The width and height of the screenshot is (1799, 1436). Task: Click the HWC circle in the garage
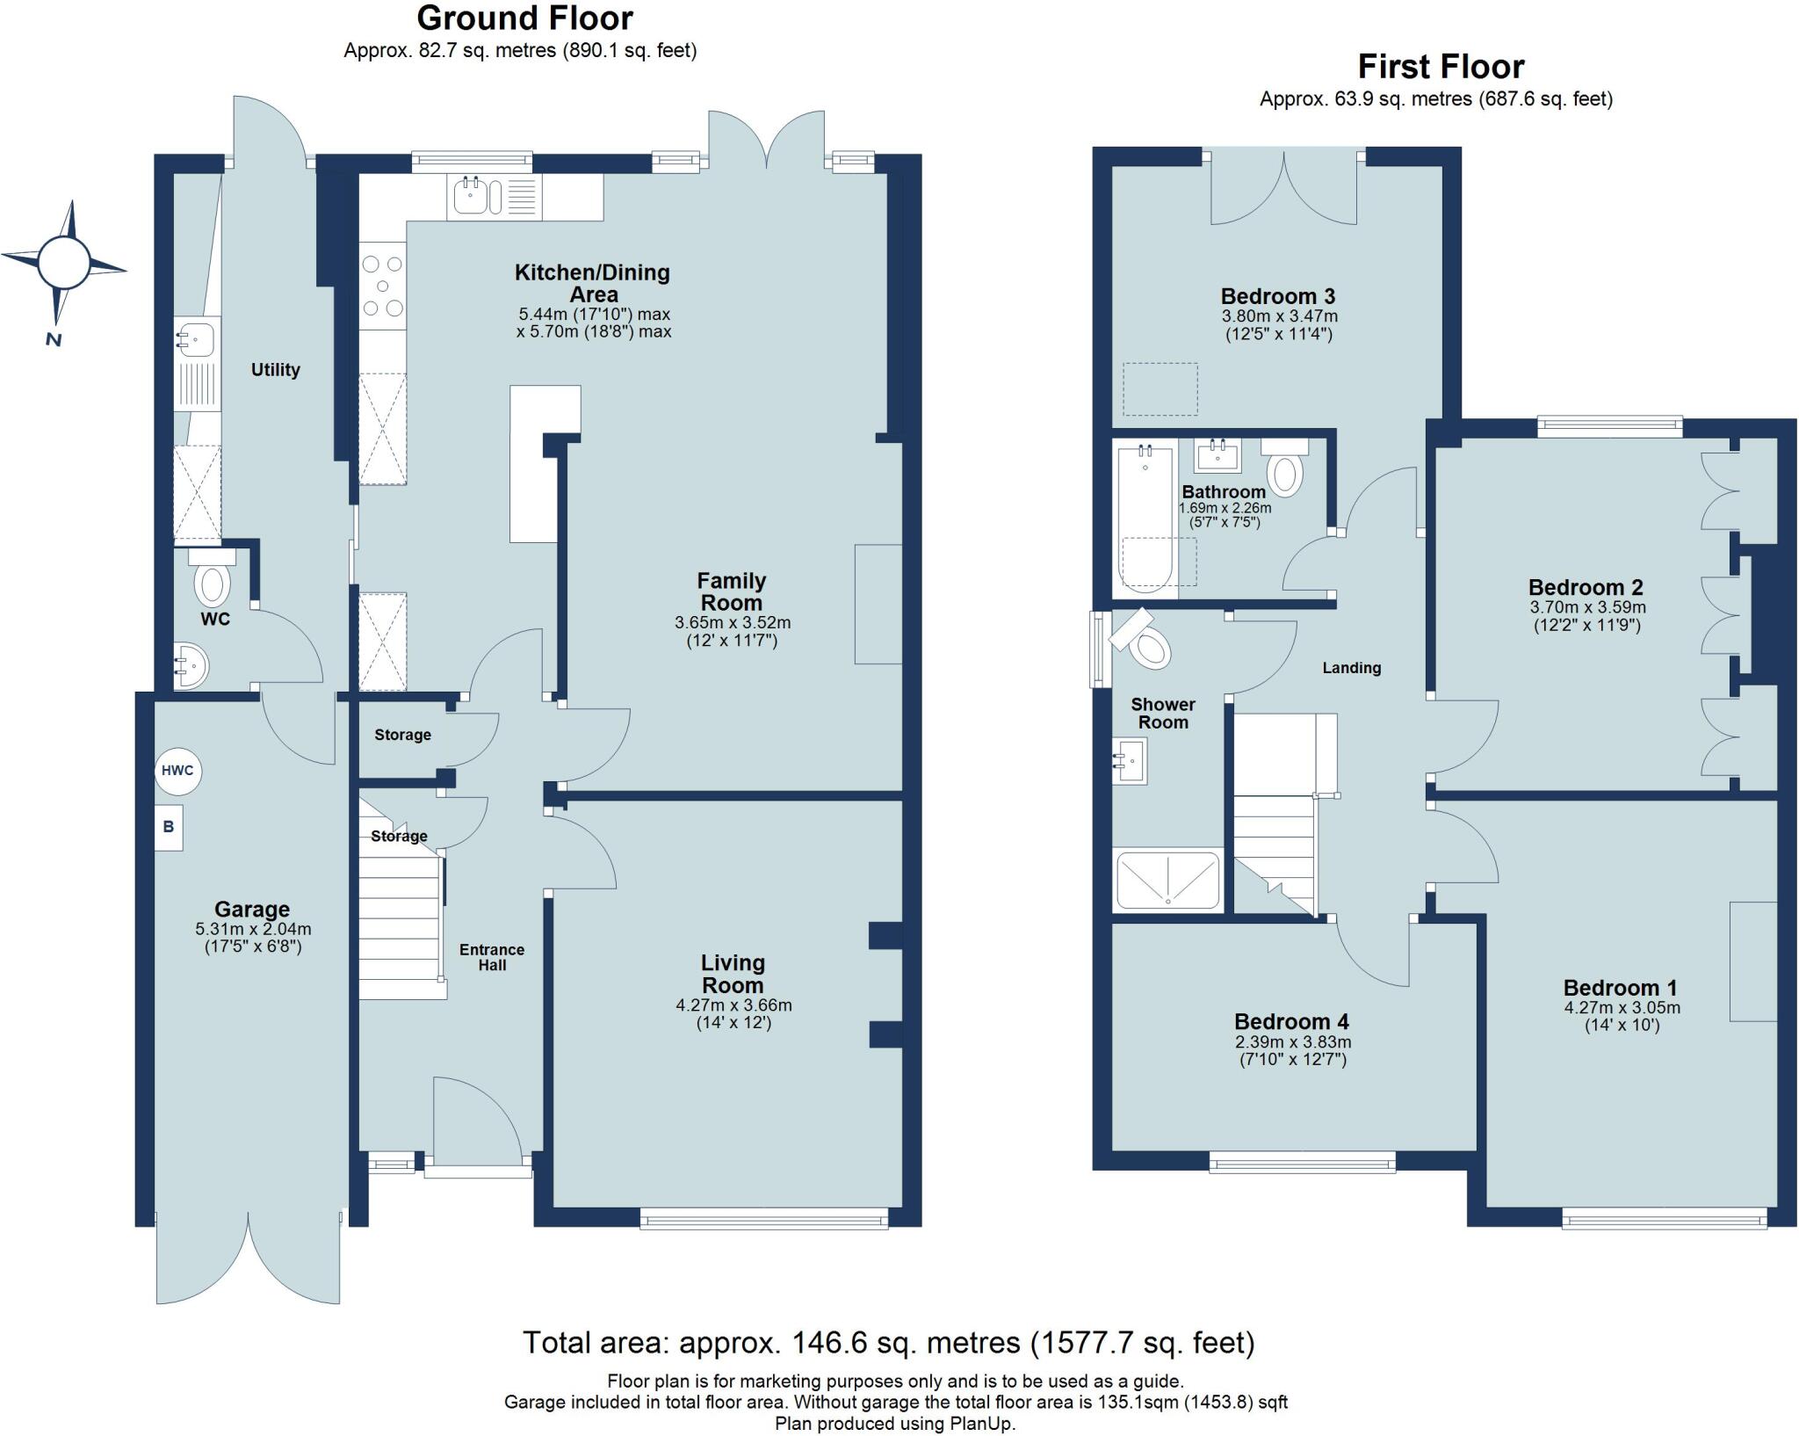pyautogui.click(x=177, y=771)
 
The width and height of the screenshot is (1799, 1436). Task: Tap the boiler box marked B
pyautogui.click(x=169, y=827)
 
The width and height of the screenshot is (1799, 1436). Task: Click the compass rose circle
pyautogui.click(x=64, y=262)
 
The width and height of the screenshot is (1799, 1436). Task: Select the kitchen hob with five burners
pyautogui.click(x=383, y=286)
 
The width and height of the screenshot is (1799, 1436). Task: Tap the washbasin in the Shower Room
pyautogui.click(x=1130, y=761)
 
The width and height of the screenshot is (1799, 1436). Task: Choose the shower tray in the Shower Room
pyautogui.click(x=1167, y=880)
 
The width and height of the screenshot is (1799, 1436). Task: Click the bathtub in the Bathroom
pyautogui.click(x=1145, y=519)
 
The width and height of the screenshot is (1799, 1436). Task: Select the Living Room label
pyautogui.click(x=733, y=974)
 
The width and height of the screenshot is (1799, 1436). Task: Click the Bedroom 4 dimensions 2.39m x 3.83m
pyautogui.click(x=1292, y=1042)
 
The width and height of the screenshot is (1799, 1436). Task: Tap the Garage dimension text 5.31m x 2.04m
pyautogui.click(x=253, y=929)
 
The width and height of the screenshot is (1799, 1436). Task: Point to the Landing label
pyautogui.click(x=1351, y=668)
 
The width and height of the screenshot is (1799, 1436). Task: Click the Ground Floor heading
pyautogui.click(x=524, y=18)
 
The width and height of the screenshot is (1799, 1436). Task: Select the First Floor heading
pyautogui.click(x=1441, y=67)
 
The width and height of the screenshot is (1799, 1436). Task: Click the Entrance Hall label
pyautogui.click(x=492, y=957)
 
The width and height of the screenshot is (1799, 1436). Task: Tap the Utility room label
pyautogui.click(x=275, y=370)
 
